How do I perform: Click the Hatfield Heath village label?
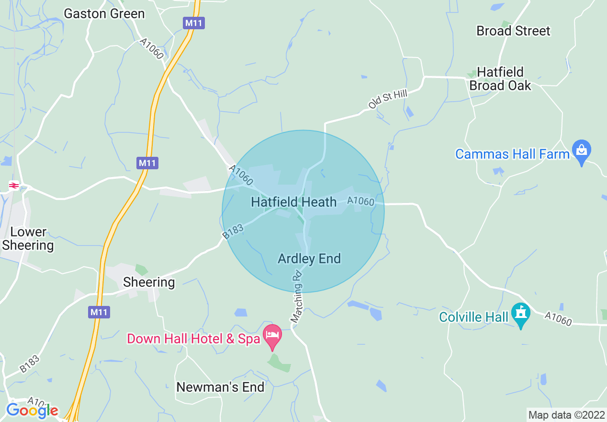point(293,202)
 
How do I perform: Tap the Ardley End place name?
point(309,259)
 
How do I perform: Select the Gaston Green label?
point(104,13)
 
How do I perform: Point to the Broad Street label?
point(513,31)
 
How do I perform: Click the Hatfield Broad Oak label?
point(500,79)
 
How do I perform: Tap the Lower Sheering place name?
point(28,239)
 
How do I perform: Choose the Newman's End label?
point(220,387)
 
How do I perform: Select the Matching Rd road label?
point(297,296)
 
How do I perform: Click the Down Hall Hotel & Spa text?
point(193,339)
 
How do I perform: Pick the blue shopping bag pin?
point(582,151)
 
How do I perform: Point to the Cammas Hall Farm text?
point(512,154)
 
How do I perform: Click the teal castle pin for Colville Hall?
point(520,314)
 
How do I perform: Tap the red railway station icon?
point(14,185)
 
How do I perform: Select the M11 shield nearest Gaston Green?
point(193,23)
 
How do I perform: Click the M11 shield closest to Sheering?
point(99,312)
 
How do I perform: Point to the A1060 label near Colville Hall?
point(558,318)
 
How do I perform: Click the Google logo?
point(32,410)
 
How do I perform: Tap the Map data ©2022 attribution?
point(566,414)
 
